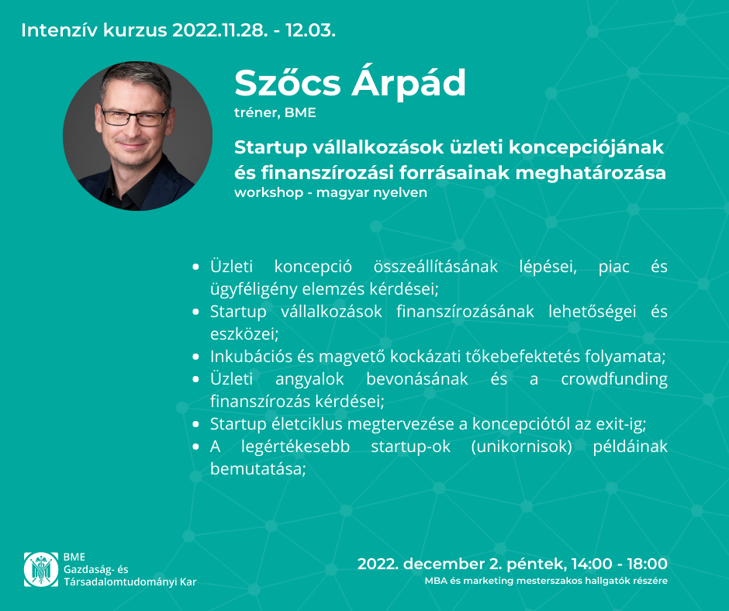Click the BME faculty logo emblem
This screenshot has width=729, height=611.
41,569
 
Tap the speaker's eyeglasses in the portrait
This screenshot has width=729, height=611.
134,116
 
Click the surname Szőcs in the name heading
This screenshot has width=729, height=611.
288,83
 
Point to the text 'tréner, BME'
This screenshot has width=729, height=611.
275,112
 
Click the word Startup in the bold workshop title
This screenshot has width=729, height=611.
271,148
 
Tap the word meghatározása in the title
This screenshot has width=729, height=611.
590,173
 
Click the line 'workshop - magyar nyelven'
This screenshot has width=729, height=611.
330,192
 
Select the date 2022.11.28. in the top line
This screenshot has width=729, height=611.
220,31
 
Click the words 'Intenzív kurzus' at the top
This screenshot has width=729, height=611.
94,31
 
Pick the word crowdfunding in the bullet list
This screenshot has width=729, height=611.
614,379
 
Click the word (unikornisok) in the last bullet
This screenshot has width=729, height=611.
522,447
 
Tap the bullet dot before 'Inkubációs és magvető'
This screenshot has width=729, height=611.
195,357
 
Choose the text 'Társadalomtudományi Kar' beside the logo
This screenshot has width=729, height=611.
130,582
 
